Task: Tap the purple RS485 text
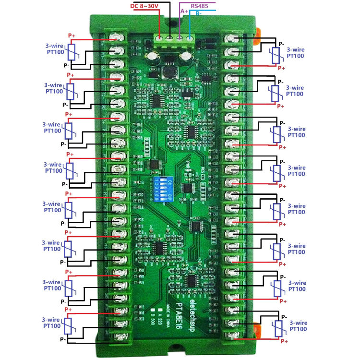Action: coord(199,5)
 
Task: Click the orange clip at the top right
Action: coord(258,33)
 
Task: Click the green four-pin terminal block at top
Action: coord(175,39)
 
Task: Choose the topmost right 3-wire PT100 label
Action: coord(295,52)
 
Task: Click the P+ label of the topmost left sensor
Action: coord(71,36)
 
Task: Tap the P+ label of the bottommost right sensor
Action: coord(284,341)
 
